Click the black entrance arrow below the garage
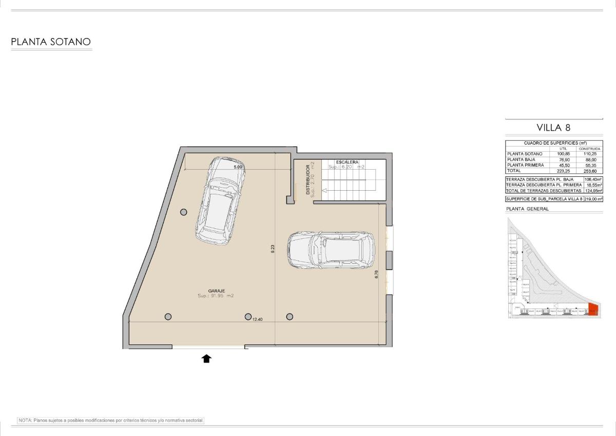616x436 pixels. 206,358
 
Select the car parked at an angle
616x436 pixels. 218,201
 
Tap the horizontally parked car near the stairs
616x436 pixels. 331,249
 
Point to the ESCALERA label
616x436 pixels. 348,162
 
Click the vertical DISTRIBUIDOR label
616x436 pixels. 308,179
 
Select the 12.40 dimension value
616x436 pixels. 258,319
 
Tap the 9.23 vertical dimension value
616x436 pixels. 273,247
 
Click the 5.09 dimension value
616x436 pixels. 238,167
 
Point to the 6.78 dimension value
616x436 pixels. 377,275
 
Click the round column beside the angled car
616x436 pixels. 183,212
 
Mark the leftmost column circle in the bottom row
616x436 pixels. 168,317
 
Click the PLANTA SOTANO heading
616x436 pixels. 51,42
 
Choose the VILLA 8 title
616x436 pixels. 553,128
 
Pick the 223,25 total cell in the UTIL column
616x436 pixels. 563,170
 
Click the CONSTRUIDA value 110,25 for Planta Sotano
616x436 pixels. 589,154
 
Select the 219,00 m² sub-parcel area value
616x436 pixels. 592,198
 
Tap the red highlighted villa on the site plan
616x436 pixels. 593,310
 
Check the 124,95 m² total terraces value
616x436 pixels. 592,190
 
